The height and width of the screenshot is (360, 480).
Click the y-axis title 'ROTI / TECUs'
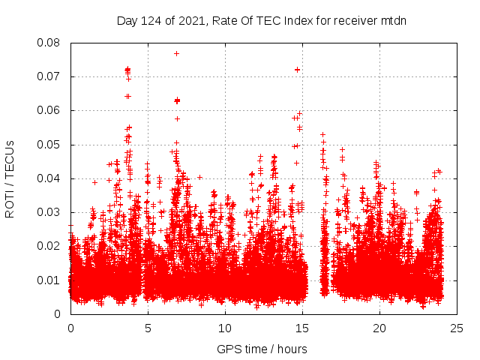point(10,178)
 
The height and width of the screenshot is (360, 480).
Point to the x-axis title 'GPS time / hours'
point(261,349)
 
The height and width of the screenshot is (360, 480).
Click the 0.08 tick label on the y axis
point(49,43)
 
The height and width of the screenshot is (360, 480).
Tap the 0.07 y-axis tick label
point(49,76)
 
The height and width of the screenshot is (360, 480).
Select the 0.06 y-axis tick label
point(49,110)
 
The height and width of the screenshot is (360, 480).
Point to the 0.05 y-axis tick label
point(49,144)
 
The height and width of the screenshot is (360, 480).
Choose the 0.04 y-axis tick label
point(49,178)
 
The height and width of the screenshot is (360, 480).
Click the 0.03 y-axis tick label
point(49,212)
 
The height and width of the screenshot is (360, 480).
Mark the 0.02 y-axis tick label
point(49,246)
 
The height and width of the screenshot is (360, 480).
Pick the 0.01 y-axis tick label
point(49,280)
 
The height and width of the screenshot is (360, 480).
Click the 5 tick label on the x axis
point(148,328)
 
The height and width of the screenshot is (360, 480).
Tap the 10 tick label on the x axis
point(225,328)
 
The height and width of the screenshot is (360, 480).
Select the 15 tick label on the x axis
point(302,328)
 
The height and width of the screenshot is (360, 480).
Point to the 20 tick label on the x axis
point(379,328)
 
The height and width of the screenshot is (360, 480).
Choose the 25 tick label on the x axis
point(457,328)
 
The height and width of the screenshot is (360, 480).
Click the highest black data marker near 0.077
point(176,53)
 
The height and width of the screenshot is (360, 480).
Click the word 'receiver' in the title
point(352,20)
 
